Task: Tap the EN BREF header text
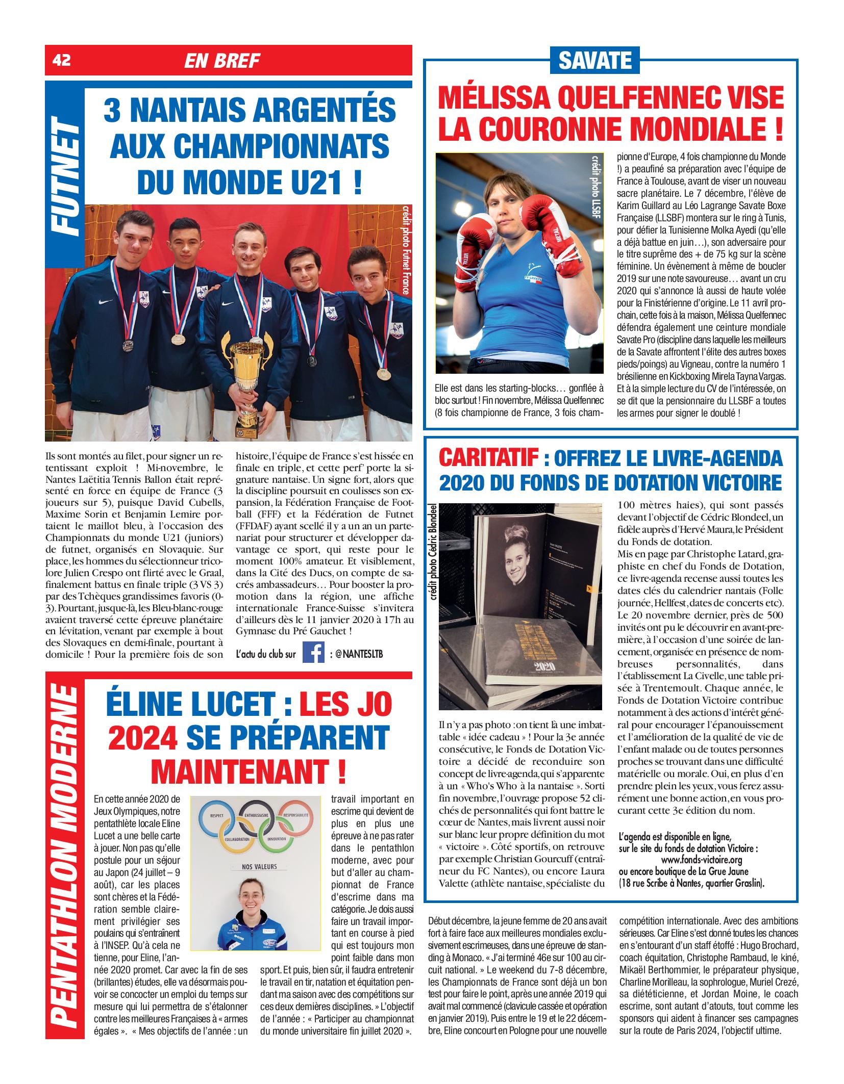[x=222, y=61]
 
